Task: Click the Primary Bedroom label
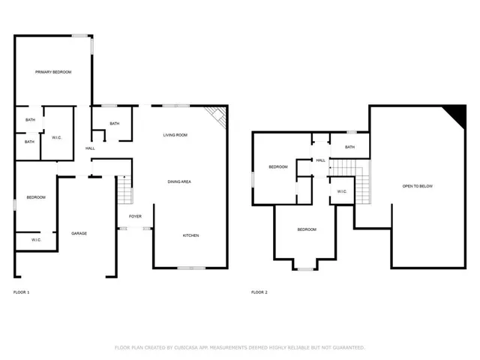point(52,72)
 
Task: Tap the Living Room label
point(175,135)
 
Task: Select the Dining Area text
point(178,182)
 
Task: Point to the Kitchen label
point(191,235)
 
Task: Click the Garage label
point(79,233)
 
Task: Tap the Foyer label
point(135,216)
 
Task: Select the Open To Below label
point(417,186)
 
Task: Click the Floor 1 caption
point(22,292)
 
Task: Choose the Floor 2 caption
point(259,292)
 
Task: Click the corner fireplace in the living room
point(217,116)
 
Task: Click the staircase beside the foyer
point(124,190)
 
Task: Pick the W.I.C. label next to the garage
point(36,240)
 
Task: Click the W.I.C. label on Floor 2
point(341,191)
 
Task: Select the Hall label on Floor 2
point(320,160)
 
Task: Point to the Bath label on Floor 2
point(349,147)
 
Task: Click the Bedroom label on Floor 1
point(36,197)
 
